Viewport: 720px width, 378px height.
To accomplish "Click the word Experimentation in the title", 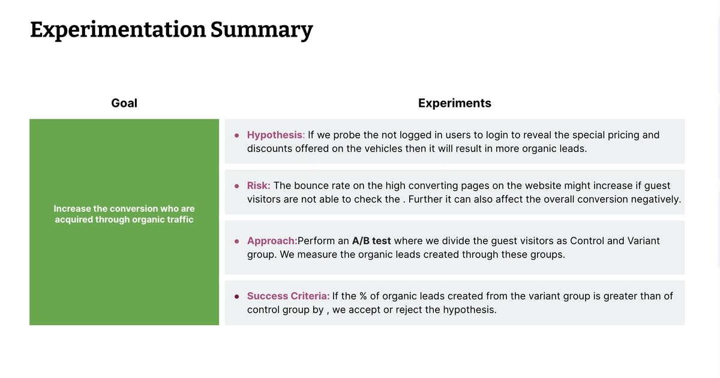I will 118,29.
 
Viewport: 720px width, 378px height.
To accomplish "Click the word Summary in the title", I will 262,29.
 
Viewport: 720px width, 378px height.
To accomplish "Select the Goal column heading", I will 124,103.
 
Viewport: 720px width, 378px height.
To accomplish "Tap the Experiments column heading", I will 454,103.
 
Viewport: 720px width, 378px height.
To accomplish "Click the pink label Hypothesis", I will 275,135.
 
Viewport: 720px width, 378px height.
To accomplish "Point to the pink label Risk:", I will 259,186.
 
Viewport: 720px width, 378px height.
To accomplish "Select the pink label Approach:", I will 272,241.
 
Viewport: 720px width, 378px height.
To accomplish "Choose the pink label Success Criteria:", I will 288,296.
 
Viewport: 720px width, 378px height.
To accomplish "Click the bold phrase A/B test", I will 371,241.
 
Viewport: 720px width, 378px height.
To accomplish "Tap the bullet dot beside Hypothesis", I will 237,135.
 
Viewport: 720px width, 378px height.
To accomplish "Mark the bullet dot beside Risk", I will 237,186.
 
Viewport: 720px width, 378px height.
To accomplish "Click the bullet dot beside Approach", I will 237,241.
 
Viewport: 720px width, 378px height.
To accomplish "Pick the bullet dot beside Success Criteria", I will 237,296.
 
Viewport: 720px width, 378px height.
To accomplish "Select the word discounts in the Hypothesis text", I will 269,148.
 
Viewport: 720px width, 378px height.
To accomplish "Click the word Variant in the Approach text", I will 643,241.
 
